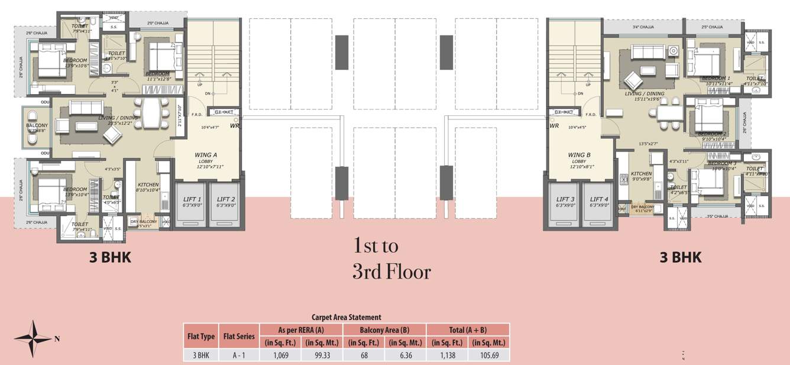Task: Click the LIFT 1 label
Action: click(192, 199)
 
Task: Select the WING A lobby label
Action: click(206, 156)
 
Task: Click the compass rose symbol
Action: click(33, 338)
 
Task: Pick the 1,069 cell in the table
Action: click(281, 355)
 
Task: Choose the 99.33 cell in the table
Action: click(322, 355)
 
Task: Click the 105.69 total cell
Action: click(488, 355)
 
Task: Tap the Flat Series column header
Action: click(239, 336)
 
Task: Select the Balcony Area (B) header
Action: click(384, 330)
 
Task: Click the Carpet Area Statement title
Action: click(346, 317)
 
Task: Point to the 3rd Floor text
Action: click(391, 272)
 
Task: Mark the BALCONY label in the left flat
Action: click(37, 125)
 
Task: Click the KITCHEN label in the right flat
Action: click(641, 174)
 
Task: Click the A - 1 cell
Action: click(239, 355)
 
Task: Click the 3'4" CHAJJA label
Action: click(643, 27)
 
